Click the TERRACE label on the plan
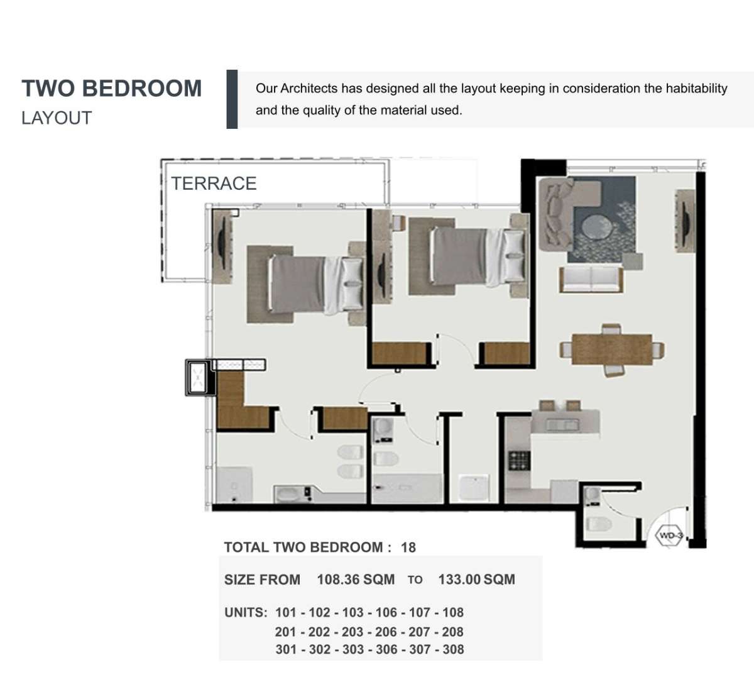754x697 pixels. click(214, 184)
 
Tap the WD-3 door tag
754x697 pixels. click(670, 536)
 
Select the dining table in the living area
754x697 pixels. click(611, 349)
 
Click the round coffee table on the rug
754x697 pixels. click(597, 227)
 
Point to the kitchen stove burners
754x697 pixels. click(520, 461)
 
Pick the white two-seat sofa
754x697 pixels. click(591, 278)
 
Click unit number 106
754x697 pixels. click(386, 612)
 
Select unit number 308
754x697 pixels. click(452, 649)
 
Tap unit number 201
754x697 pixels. click(286, 632)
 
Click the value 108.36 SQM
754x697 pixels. click(356, 579)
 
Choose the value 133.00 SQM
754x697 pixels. click(476, 579)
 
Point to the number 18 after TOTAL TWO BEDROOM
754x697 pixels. click(408, 547)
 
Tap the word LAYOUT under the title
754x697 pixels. click(57, 118)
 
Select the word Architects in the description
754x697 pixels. click(309, 89)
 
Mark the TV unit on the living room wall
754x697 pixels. click(686, 221)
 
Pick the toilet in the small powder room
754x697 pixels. click(599, 524)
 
